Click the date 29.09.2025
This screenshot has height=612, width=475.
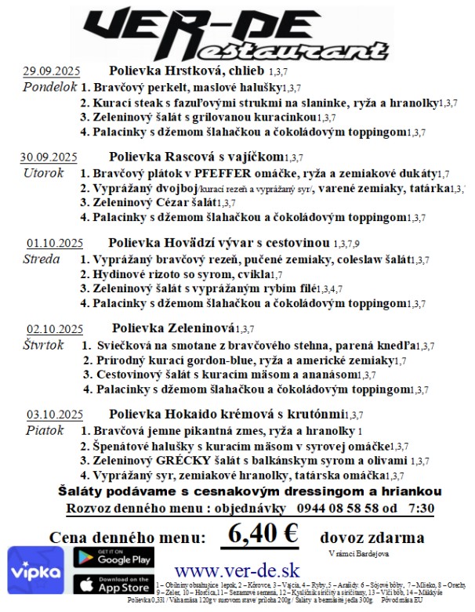tap(52, 70)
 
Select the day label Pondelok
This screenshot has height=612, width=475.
tap(50, 86)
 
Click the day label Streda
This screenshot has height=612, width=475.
tap(42, 259)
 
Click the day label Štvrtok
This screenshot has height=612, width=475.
tap(44, 345)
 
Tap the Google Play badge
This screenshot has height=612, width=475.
tap(113, 557)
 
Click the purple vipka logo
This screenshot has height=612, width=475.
tap(34, 572)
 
